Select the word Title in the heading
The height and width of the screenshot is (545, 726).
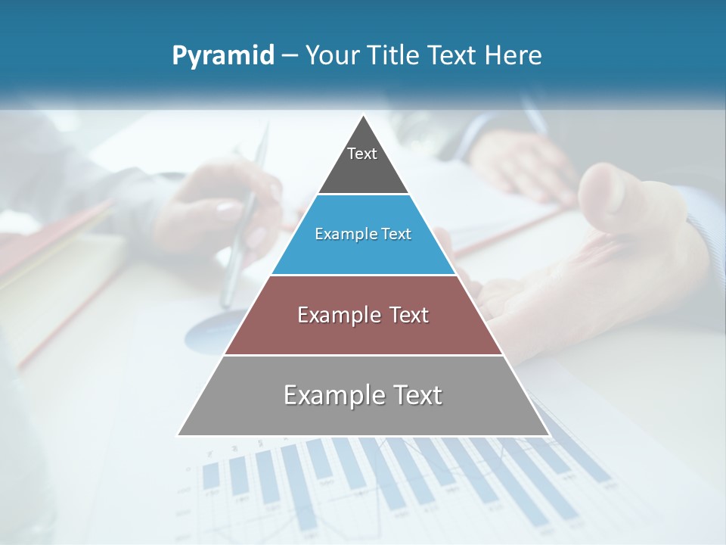[396, 55]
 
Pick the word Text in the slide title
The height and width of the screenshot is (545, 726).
[453, 55]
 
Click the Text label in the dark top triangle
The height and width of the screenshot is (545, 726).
[362, 154]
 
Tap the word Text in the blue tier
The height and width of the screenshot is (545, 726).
[396, 235]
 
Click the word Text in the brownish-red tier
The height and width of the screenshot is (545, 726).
[409, 315]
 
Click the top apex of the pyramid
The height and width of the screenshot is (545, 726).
[363, 116]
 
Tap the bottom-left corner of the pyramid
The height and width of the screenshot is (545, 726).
[178, 434]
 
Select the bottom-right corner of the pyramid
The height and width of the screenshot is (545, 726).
[548, 434]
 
